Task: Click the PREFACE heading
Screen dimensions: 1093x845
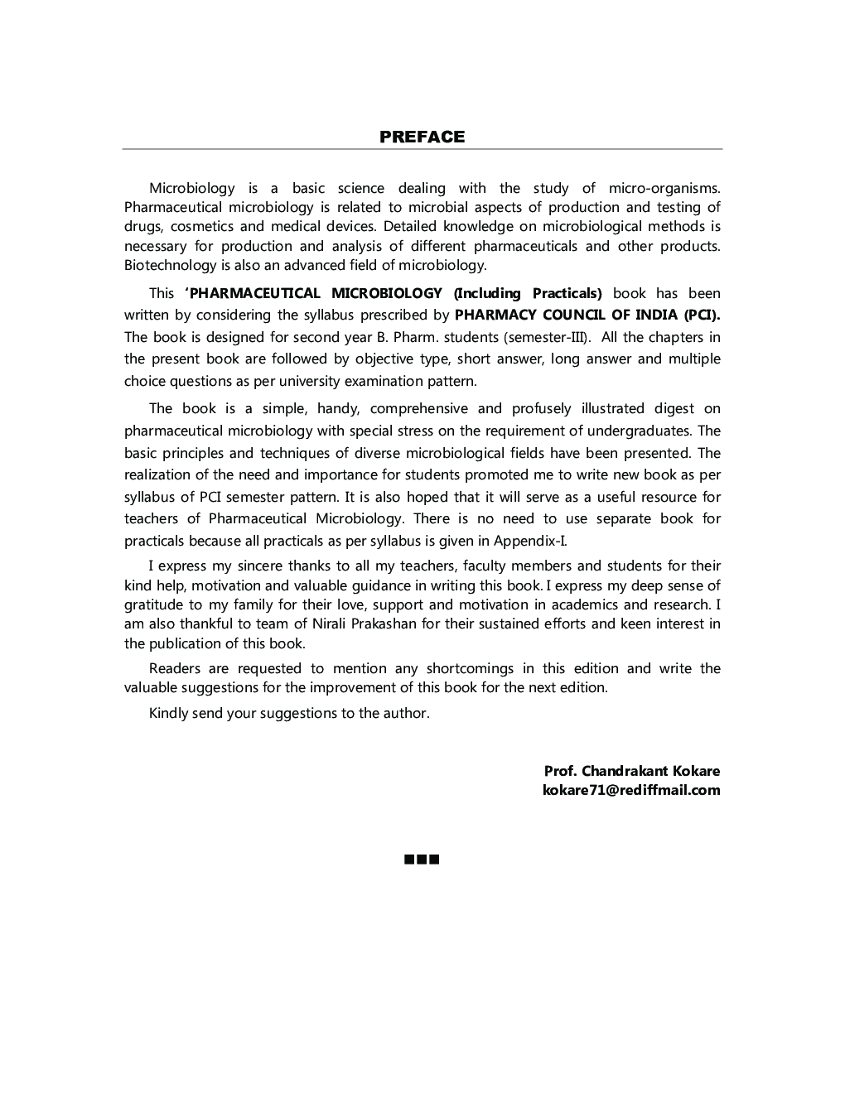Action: (x=422, y=137)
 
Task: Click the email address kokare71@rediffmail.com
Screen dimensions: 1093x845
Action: (x=630, y=790)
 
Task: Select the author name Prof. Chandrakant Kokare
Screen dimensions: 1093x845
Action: (x=631, y=771)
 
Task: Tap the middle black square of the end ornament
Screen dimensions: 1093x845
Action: (x=422, y=859)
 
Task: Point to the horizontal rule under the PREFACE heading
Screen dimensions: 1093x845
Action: (x=422, y=150)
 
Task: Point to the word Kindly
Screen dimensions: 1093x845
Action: (x=168, y=713)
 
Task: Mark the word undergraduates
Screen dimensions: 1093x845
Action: (x=640, y=431)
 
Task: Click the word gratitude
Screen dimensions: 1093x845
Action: (x=154, y=604)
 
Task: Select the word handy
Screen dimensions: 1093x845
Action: (x=337, y=408)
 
